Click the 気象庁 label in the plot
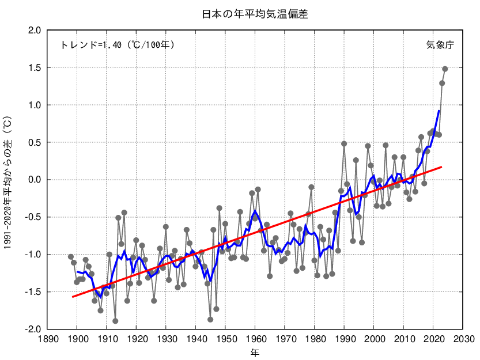point(440,45)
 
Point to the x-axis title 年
point(254,351)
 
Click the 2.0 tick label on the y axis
point(33,31)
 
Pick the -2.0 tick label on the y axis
point(32,329)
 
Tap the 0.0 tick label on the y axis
point(33,180)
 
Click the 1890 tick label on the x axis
point(47,340)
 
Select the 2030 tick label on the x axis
point(463,340)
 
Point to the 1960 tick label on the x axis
point(255,340)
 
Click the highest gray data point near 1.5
point(445,69)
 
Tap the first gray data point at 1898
point(71,257)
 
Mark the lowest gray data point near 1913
point(115,321)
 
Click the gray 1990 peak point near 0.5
point(344,144)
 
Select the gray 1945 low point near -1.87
point(210,320)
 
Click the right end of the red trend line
point(441,167)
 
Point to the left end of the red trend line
point(73,297)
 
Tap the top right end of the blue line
point(439,111)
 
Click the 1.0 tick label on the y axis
point(33,105)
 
